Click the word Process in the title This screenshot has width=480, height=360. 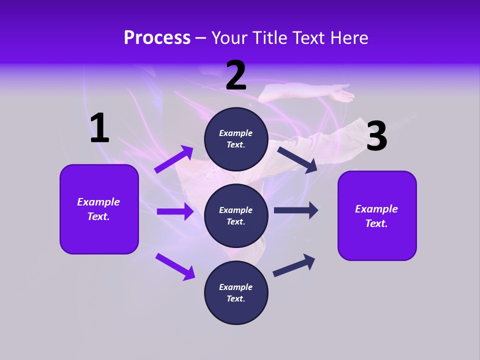click(157, 38)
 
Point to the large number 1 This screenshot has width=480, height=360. click(99, 128)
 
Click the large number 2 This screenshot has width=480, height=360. click(236, 76)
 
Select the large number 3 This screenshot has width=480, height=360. click(376, 136)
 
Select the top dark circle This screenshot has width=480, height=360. click(236, 139)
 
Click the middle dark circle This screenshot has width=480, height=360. click(236, 216)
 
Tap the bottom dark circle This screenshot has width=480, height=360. click(236, 293)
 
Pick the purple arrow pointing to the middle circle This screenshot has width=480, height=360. click(175, 211)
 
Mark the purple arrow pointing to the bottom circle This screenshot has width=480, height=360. click(175, 266)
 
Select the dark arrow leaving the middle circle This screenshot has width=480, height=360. click(296, 210)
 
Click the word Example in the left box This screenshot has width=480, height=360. click(98, 202)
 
